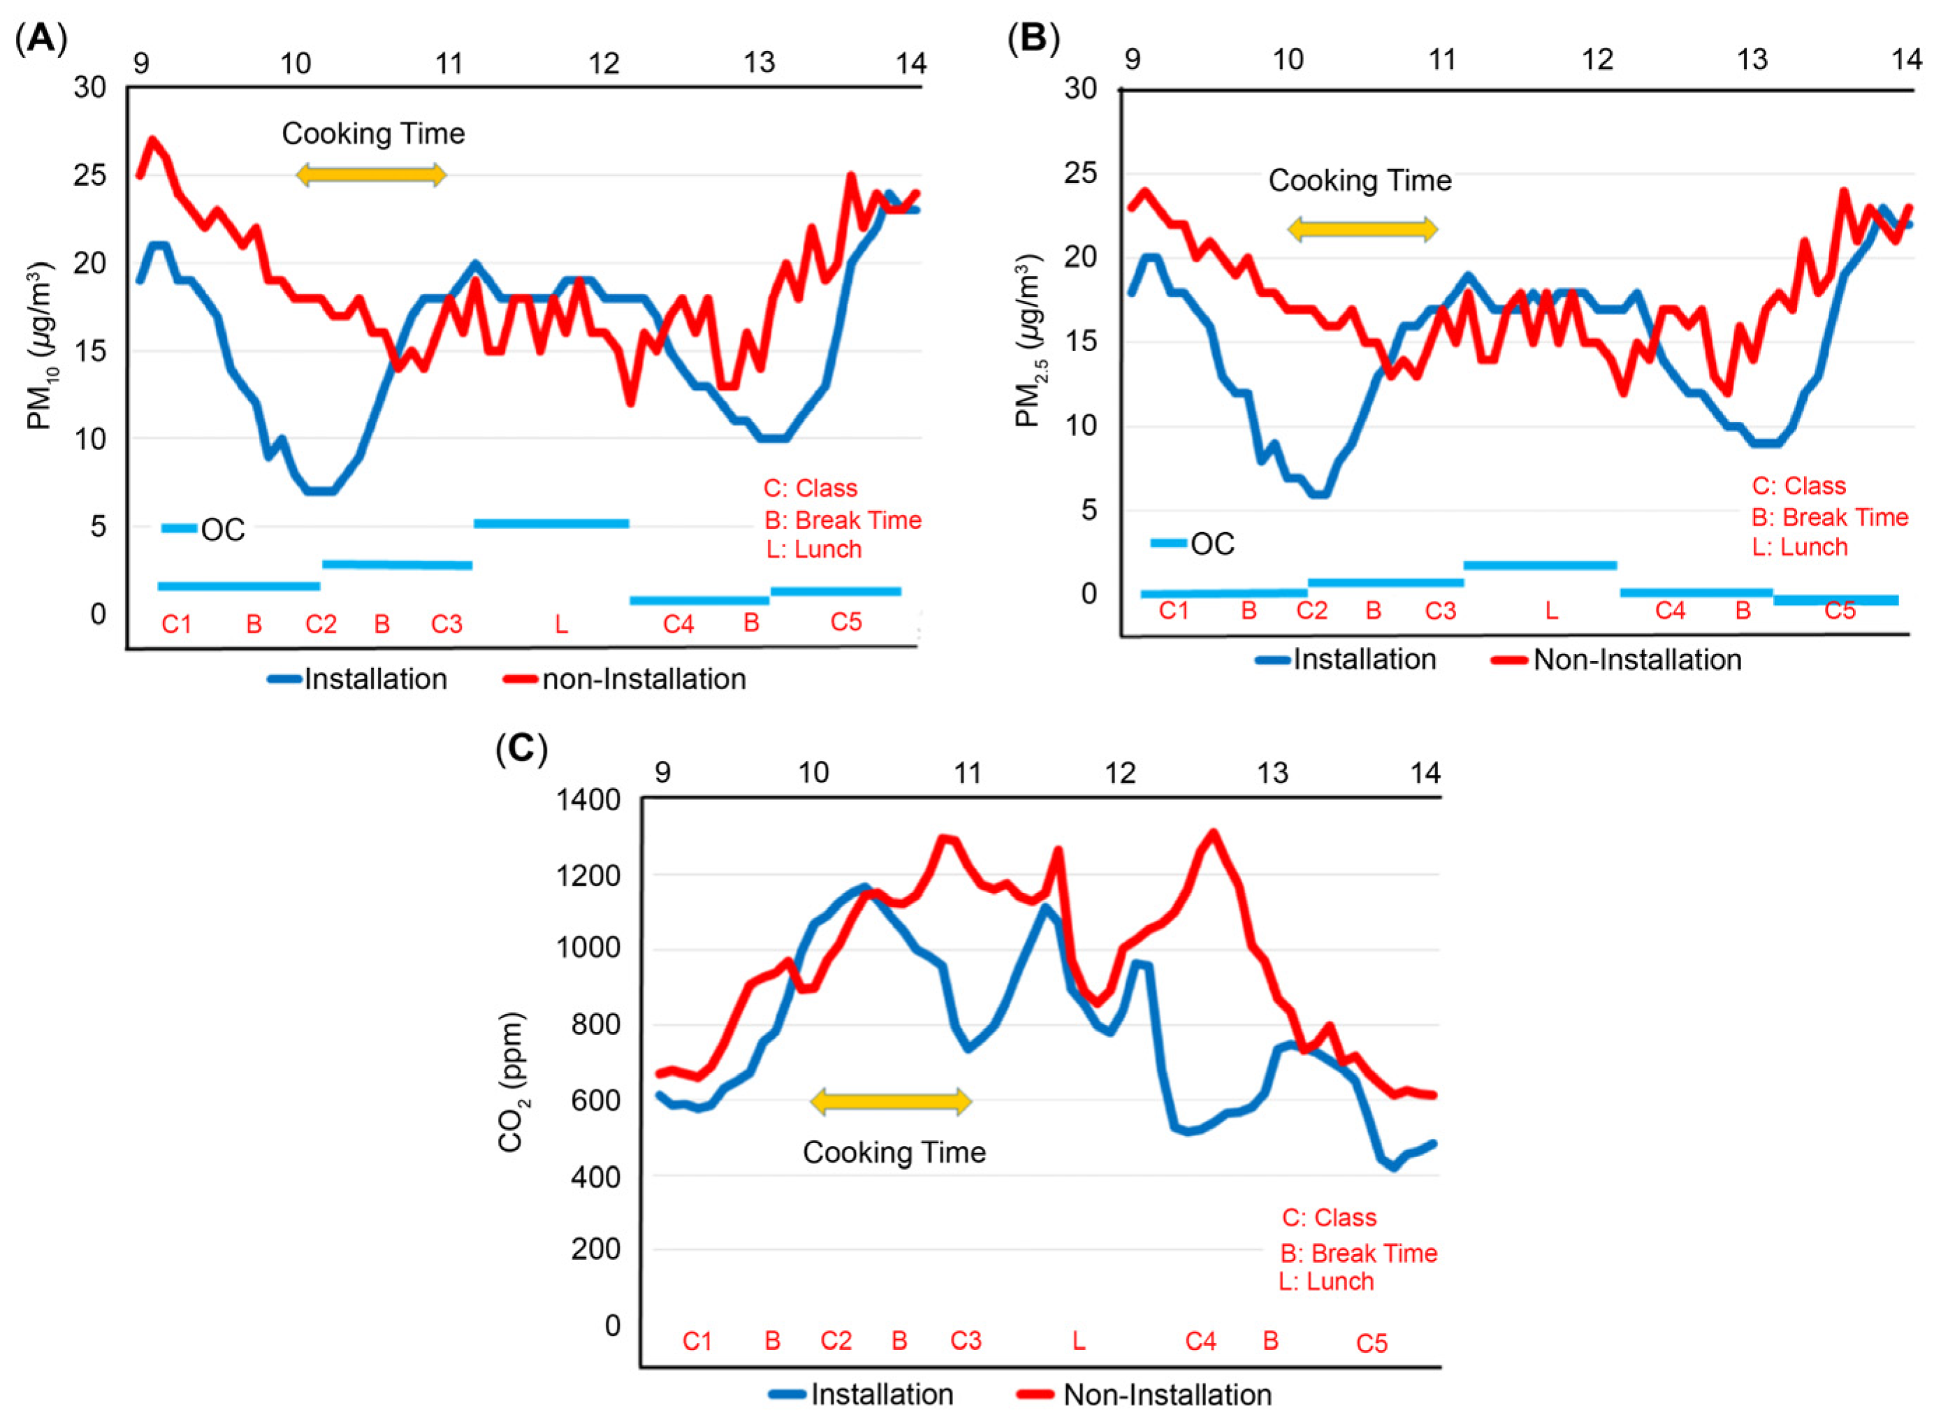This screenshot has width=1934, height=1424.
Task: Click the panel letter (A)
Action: tap(41, 40)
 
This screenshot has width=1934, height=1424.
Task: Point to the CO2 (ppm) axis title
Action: tap(511, 1082)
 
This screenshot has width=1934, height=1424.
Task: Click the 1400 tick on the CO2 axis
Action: tap(588, 799)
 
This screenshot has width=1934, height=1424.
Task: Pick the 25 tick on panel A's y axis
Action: tap(89, 175)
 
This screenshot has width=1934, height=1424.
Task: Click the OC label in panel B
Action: tap(1212, 544)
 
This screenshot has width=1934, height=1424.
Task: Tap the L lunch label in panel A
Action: tap(561, 623)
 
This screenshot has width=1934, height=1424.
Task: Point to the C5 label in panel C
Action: tap(1372, 1343)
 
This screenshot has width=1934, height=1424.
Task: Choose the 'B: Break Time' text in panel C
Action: tap(1358, 1253)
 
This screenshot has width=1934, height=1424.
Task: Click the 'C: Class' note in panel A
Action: tap(810, 488)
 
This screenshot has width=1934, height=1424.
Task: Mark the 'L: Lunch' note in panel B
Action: tap(1800, 546)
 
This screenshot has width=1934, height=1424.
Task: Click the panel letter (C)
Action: tap(521, 748)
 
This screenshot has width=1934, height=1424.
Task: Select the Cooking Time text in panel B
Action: tap(1359, 180)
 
